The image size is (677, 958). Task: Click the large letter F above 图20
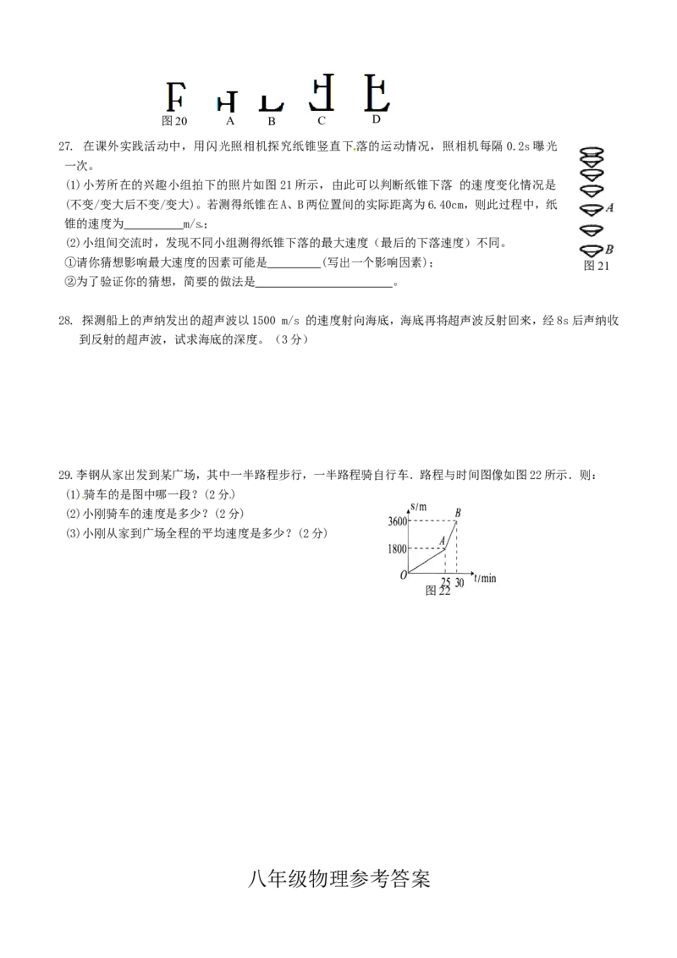pyautogui.click(x=175, y=96)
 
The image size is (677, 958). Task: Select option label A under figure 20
pyautogui.click(x=230, y=121)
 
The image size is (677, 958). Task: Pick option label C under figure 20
pyautogui.click(x=322, y=121)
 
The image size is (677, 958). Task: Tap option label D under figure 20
pyautogui.click(x=377, y=119)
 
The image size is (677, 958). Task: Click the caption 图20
pyautogui.click(x=174, y=121)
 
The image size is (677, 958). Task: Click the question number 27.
pyautogui.click(x=65, y=146)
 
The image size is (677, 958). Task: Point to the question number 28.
pyautogui.click(x=65, y=320)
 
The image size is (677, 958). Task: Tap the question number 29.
pyautogui.click(x=65, y=475)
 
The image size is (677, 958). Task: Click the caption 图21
pyautogui.click(x=597, y=265)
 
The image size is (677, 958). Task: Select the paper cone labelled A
pyautogui.click(x=592, y=209)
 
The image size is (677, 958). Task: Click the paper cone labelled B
pyautogui.click(x=592, y=250)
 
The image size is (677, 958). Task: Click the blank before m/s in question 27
pyautogui.click(x=153, y=224)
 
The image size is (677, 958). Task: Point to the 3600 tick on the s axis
pyautogui.click(x=397, y=521)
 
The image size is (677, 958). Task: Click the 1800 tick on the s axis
pyautogui.click(x=397, y=548)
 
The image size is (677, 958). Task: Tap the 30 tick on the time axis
pyautogui.click(x=460, y=582)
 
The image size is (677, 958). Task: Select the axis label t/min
pyautogui.click(x=485, y=578)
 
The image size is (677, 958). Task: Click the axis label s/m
pyautogui.click(x=419, y=506)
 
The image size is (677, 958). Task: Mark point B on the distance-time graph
pyautogui.click(x=456, y=520)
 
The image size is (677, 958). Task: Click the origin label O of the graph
pyautogui.click(x=404, y=575)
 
